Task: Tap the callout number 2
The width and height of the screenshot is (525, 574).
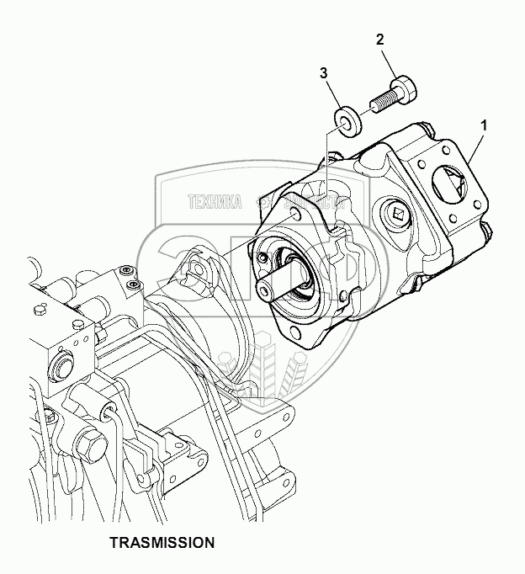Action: click(380, 40)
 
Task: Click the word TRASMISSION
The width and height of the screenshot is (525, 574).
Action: click(162, 543)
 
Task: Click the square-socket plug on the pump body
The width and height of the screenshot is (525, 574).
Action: click(397, 217)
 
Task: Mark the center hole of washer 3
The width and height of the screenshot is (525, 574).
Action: click(344, 120)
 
